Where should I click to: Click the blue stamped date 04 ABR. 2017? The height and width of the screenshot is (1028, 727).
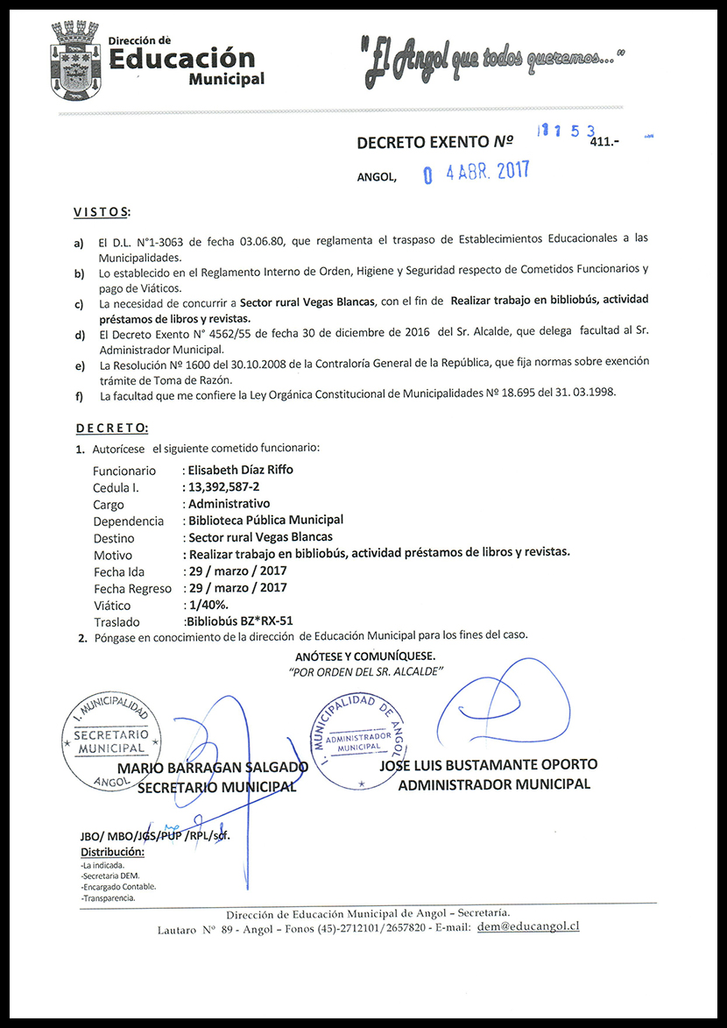(x=476, y=173)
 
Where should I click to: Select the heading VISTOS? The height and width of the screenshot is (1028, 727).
(x=101, y=212)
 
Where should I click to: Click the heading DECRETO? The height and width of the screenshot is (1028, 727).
(x=111, y=428)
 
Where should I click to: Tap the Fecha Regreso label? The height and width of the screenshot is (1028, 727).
(x=132, y=588)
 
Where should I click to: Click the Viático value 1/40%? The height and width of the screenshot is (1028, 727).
(x=206, y=605)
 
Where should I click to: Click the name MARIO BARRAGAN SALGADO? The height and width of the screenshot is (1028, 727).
(x=213, y=769)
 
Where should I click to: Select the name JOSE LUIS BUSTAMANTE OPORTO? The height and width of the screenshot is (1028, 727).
(x=488, y=765)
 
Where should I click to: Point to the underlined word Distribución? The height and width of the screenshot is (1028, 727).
(x=112, y=853)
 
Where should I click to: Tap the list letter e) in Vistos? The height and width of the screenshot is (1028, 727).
(x=80, y=365)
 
